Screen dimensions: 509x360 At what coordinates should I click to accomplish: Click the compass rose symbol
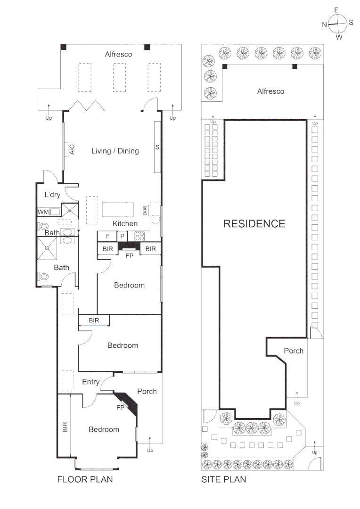337,22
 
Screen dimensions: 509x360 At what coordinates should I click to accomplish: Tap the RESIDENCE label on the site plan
254,223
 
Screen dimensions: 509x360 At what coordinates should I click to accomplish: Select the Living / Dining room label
115,151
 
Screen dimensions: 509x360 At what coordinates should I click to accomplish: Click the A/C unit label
72,149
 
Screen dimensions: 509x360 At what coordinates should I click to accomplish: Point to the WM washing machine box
43,212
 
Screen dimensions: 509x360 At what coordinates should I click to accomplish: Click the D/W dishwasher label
145,208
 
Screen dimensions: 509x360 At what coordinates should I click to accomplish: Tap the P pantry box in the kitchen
122,236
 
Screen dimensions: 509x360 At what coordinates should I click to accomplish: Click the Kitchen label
125,223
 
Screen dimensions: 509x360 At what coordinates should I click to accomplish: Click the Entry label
90,382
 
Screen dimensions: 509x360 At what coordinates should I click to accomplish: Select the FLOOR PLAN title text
85,480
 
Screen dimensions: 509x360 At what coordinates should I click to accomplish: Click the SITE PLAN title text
223,480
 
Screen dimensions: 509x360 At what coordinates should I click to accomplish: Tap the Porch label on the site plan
294,351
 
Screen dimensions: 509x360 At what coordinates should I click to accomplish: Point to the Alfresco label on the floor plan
118,54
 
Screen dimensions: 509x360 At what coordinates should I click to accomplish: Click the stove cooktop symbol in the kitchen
139,236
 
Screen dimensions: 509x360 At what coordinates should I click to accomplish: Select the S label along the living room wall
157,148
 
